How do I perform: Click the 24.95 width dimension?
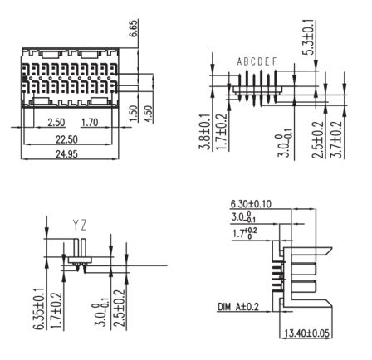pyautogui.click(x=66, y=153)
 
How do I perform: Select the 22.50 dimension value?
pyautogui.click(x=66, y=139)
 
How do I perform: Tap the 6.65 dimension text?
pyautogui.click(x=134, y=28)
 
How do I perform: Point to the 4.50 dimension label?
pyautogui.click(x=149, y=114)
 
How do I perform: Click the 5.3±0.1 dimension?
pyautogui.click(x=310, y=37)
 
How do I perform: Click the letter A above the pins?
pyautogui.click(x=240, y=61)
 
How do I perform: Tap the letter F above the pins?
pyautogui.click(x=274, y=61)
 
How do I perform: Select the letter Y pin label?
pyautogui.click(x=76, y=226)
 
